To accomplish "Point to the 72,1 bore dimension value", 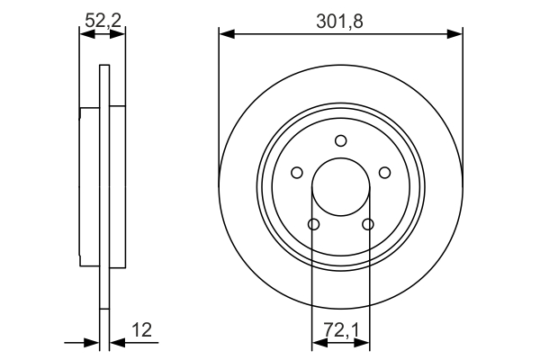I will pos(340,330).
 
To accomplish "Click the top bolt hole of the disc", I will pos(340,140).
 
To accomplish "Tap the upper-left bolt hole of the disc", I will pos(296,173).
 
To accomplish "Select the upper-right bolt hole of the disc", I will pos(384,173).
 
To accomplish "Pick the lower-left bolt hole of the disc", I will pos(313,224).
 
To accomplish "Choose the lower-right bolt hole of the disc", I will pos(367,224).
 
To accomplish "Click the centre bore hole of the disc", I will pos(340,186).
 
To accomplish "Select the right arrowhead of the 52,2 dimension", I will pos(119,34).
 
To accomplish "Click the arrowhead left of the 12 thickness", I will pos(92,342).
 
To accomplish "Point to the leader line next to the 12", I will pos(135,342).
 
